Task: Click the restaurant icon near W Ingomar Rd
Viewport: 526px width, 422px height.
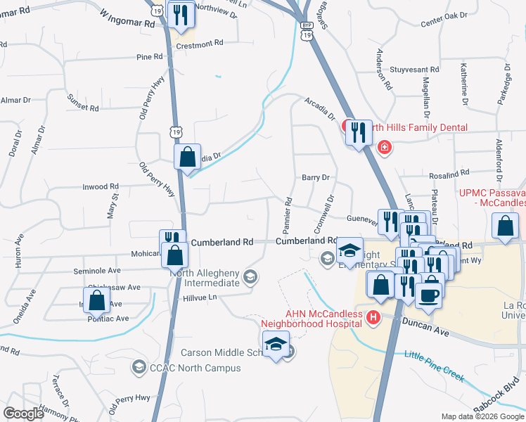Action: point(180,15)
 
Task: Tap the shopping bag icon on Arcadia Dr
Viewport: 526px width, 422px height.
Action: point(188,156)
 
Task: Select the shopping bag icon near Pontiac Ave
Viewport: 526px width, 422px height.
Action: point(97,300)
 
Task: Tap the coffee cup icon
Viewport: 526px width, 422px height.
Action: point(429,295)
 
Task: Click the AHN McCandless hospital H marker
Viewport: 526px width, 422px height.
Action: point(373,320)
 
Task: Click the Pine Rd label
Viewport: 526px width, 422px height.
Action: point(149,57)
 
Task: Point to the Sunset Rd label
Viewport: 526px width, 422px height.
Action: point(84,106)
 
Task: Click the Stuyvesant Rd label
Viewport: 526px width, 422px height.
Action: point(414,70)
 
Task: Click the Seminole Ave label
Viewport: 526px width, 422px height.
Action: point(97,270)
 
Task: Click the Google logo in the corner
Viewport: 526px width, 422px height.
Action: point(23,413)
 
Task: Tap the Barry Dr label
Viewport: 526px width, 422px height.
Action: point(316,178)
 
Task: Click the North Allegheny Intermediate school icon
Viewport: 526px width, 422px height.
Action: point(249,276)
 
